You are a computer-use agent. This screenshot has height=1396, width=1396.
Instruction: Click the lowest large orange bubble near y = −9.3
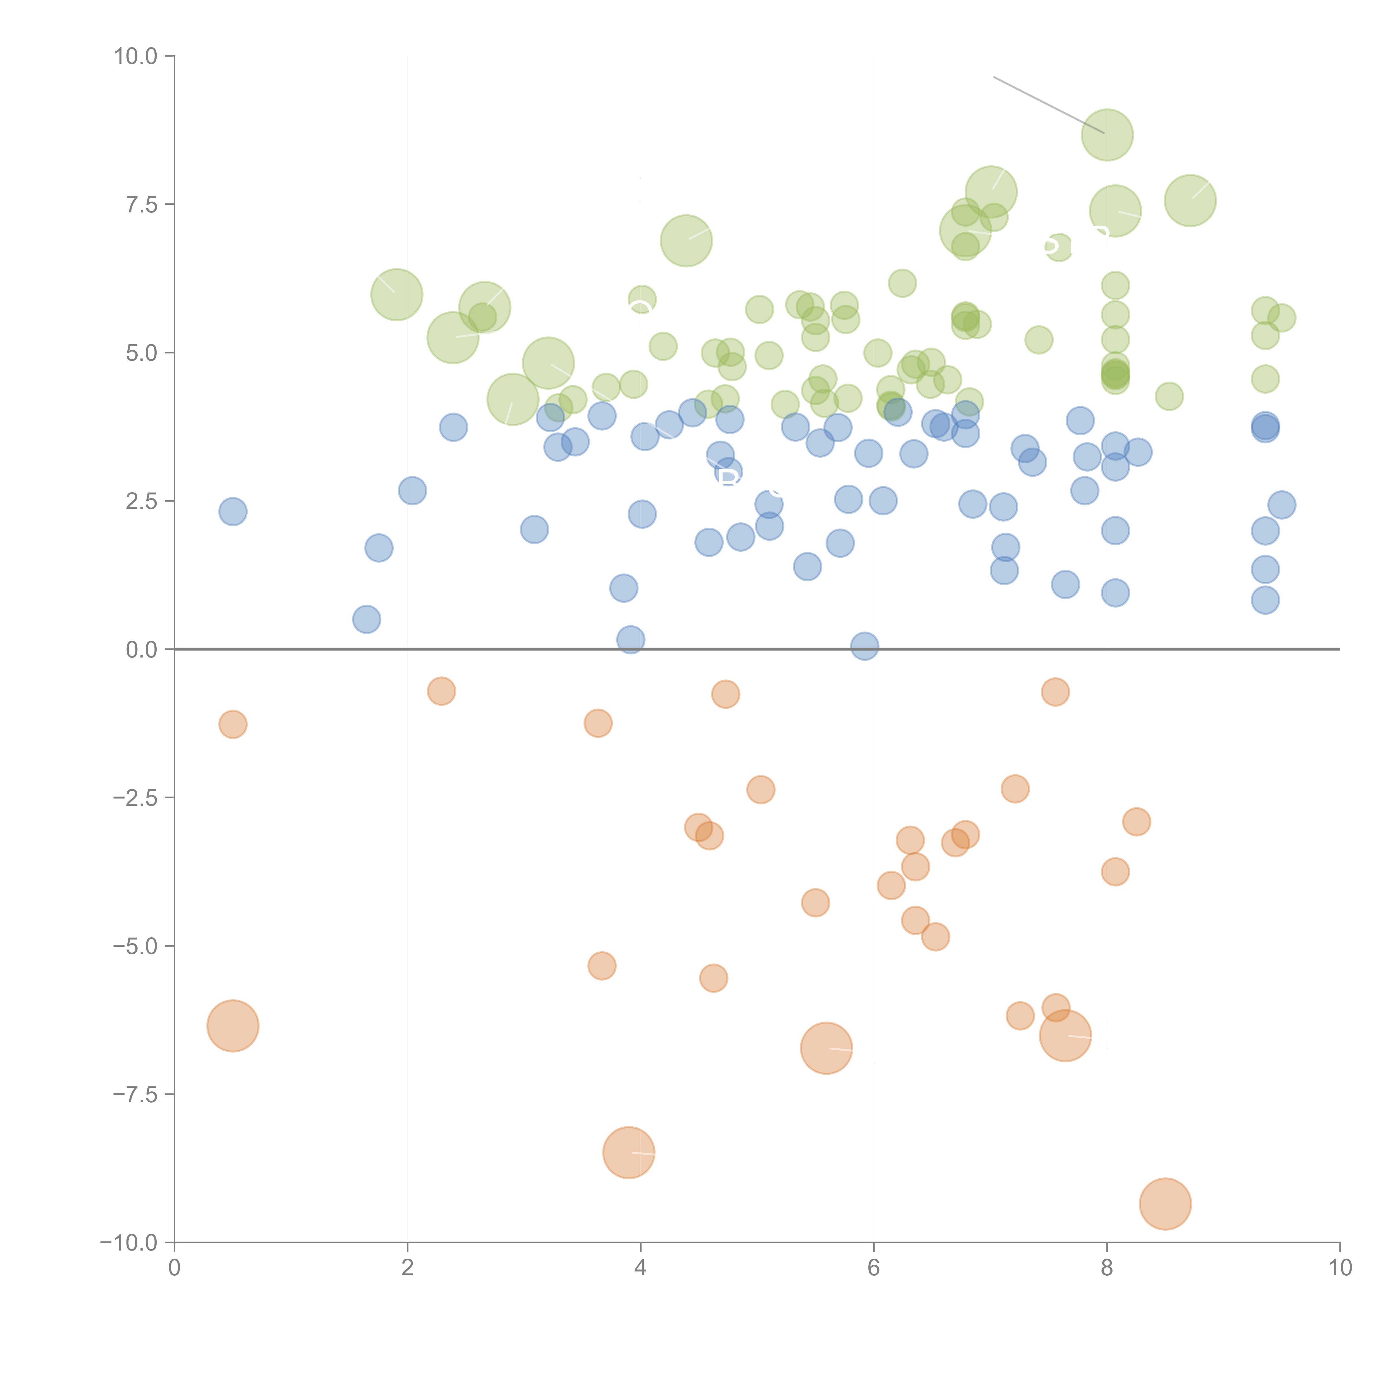1165,1204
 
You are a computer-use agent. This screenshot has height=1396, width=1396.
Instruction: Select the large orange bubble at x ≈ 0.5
233,1026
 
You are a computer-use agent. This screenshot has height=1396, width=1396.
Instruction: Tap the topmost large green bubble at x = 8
1107,135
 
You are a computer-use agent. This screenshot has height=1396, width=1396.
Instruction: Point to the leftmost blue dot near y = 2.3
233,511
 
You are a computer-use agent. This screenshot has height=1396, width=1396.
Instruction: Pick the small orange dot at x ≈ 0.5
233,724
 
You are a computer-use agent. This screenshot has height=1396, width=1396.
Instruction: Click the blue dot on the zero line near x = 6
865,646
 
